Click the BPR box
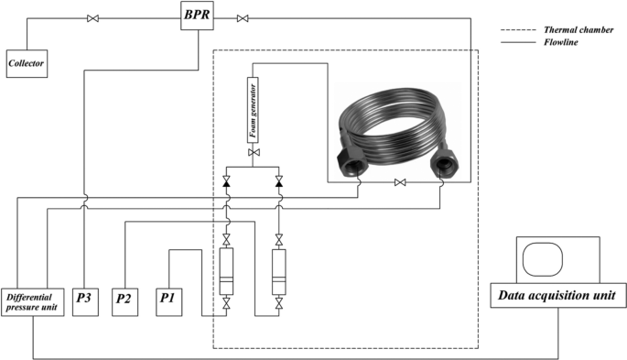pyautogui.click(x=197, y=16)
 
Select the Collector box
pyautogui.click(x=27, y=63)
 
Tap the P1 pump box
pyautogui.click(x=168, y=302)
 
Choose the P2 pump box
pyautogui.click(x=124, y=302)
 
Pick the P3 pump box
pyautogui.click(x=85, y=302)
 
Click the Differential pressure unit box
pyautogui.click(x=32, y=302)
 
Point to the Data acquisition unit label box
pyautogui.click(x=558, y=296)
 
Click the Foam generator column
pyautogui.click(x=253, y=110)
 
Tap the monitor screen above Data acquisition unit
pyautogui.click(x=543, y=259)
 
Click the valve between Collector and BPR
pyautogui.click(x=92, y=18)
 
